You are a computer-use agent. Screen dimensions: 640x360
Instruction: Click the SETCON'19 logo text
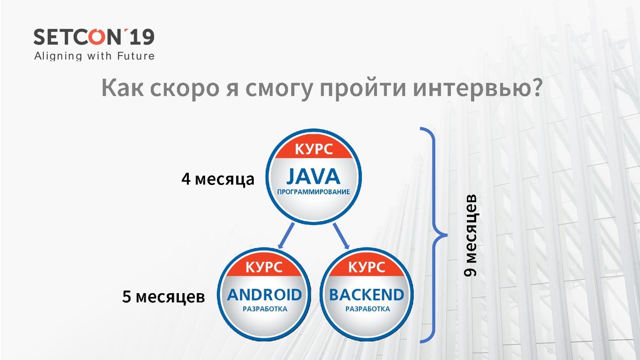click(94, 37)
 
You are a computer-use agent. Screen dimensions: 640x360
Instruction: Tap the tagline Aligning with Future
click(94, 56)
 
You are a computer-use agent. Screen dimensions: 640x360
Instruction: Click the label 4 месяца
click(217, 180)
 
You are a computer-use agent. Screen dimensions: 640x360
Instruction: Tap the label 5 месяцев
click(163, 296)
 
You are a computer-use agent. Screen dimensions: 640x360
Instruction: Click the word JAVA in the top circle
click(314, 176)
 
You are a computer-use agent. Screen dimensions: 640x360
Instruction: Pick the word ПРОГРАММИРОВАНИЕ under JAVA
click(314, 191)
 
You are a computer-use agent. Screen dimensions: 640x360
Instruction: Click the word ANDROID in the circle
click(264, 294)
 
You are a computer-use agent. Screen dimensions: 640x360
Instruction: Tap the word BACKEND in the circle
click(367, 294)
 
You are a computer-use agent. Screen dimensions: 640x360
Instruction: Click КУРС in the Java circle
click(314, 150)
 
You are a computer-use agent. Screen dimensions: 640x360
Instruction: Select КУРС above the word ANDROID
click(264, 268)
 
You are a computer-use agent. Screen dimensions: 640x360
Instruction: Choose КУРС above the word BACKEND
click(367, 268)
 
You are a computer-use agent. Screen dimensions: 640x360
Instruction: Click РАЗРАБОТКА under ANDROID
click(264, 309)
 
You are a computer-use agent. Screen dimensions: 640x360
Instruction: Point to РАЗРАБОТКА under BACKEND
click(367, 309)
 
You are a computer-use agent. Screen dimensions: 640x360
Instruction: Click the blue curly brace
click(436, 235)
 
